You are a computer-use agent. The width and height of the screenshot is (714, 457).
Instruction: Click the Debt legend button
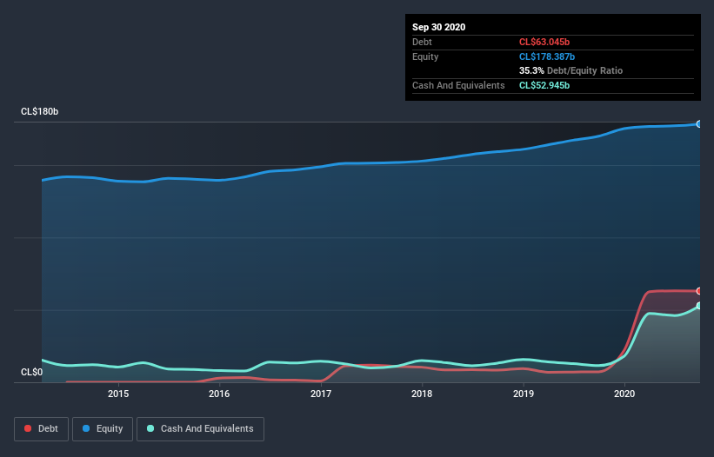pos(40,428)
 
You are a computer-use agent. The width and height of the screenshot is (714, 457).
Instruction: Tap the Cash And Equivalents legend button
pos(200,428)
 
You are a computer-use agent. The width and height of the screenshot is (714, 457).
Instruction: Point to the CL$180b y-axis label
pos(39,112)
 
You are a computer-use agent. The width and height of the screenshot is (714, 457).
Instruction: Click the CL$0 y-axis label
pos(31,373)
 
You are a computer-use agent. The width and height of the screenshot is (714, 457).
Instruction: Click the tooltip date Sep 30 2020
pos(438,27)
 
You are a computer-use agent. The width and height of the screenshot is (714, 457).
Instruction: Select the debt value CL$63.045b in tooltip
pos(544,42)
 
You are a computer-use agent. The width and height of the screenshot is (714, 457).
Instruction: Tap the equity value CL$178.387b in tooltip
pos(547,56)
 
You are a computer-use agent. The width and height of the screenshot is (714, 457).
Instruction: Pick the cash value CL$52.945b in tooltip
pos(544,85)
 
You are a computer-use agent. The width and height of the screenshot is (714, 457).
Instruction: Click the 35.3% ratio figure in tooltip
pos(531,70)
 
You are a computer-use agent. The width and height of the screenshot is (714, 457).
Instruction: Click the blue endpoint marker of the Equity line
pos(698,124)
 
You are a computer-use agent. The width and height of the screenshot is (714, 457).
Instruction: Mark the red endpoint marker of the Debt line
pos(698,291)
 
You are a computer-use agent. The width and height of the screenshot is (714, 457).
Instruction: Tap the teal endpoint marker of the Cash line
pos(698,306)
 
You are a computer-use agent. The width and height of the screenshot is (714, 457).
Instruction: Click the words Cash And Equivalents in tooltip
pos(458,85)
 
